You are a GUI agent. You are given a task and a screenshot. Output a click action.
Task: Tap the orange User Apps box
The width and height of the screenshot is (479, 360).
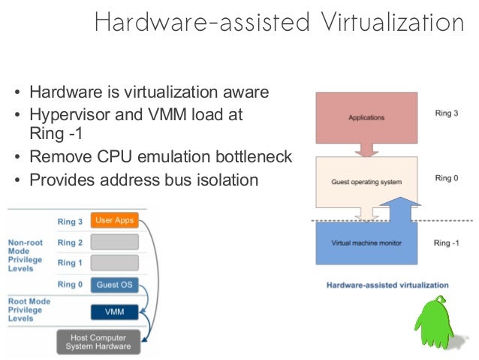(114, 220)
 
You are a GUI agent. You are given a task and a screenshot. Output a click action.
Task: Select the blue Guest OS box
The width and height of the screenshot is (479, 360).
(114, 285)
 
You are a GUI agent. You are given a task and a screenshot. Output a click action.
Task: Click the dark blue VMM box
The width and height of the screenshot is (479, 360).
(114, 311)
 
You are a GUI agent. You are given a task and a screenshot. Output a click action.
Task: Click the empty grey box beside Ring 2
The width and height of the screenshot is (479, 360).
(114, 242)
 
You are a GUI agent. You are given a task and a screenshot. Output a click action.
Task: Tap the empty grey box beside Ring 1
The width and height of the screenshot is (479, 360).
(114, 263)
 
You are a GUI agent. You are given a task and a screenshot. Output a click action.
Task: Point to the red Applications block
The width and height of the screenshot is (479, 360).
(366, 118)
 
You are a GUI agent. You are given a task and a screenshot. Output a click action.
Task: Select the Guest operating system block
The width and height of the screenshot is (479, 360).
(366, 182)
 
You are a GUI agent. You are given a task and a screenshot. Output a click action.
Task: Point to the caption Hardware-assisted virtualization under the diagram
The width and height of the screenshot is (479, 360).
(387, 286)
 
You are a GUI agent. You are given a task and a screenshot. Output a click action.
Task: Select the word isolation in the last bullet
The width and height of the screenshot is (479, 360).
(229, 180)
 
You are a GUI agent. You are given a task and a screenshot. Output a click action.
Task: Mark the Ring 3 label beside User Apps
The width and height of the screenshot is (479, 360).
(71, 221)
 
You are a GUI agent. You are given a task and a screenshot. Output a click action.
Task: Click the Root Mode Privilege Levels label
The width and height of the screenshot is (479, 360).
(28, 309)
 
